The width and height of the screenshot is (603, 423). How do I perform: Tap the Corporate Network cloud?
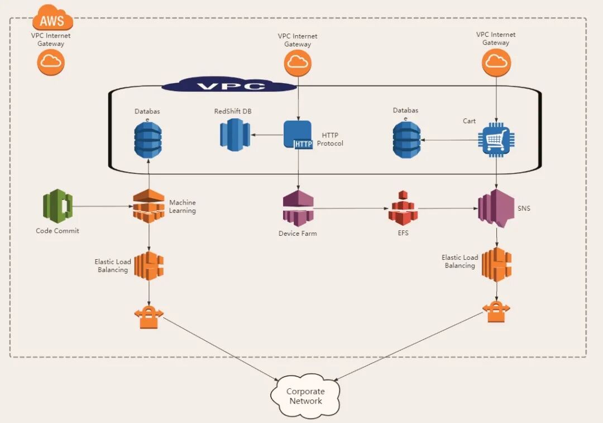pos(305,396)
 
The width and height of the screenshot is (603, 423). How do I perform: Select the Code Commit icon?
pos(58,207)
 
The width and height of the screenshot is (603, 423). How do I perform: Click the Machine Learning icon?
pos(149,207)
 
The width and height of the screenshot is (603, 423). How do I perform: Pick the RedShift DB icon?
pos(234,135)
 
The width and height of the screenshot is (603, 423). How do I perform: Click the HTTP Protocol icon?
pos(298,135)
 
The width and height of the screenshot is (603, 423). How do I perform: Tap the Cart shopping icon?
pos(497,138)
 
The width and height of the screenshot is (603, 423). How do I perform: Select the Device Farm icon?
pos(298,208)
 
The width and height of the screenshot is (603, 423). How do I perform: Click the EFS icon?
pos(403,208)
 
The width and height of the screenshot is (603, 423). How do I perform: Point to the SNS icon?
pos(495,208)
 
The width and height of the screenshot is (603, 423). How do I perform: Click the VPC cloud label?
pos(229,86)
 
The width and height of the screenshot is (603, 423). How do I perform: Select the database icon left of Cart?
pos(406,139)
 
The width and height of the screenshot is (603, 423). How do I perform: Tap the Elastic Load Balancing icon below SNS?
pos(497,264)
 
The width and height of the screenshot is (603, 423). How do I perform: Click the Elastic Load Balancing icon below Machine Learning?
pos(149,265)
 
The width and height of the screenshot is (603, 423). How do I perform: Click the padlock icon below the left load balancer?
pos(149,317)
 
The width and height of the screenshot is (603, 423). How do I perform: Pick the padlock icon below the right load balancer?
pos(496,311)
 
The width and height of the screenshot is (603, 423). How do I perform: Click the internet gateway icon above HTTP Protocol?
pos(298,63)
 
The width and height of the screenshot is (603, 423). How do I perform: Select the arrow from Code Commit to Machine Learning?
pos(103,207)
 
